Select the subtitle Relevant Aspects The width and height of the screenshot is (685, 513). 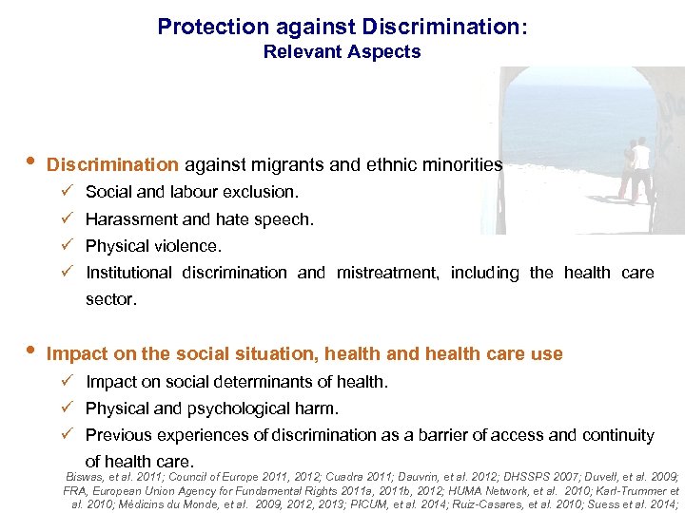coord(342,52)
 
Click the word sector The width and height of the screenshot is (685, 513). coord(110,299)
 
